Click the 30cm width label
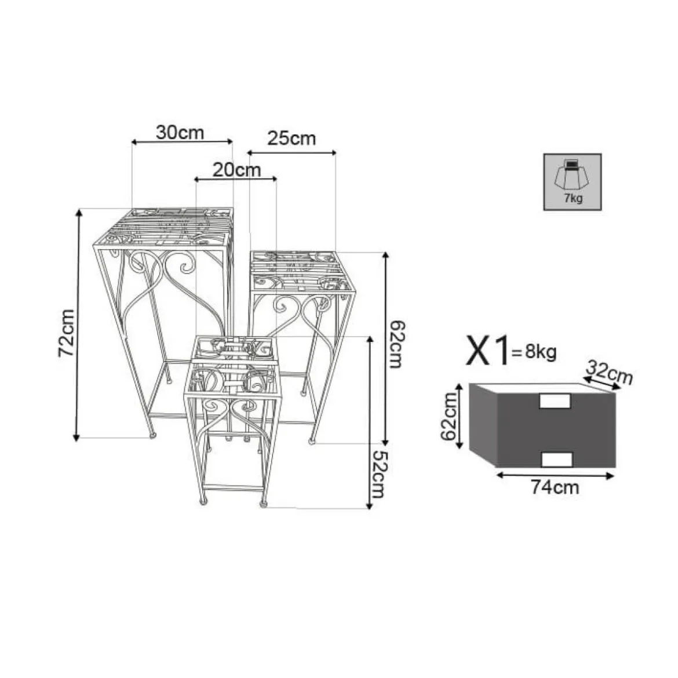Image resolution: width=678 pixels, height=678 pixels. pos(180,132)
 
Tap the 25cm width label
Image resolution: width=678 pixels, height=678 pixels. pos(291,138)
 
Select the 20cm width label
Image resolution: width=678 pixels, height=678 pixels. pos(236,170)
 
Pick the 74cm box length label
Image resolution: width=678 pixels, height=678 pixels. pos(555,488)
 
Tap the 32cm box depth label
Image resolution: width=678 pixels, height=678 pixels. pos(609,372)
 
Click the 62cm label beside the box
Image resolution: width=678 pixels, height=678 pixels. pos(449,417)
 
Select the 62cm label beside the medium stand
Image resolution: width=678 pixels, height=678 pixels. pos(396,344)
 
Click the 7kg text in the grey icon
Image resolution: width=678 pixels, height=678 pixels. pos(573,198)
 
